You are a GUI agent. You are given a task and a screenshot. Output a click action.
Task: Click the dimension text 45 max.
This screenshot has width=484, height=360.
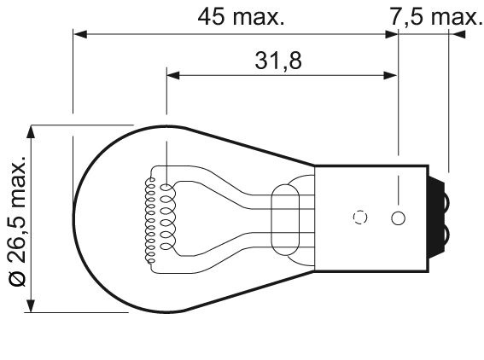(x=241, y=17)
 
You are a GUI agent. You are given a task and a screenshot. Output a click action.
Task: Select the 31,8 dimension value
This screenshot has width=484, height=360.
(x=278, y=61)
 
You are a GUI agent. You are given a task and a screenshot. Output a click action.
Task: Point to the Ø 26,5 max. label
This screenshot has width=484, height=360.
(x=18, y=221)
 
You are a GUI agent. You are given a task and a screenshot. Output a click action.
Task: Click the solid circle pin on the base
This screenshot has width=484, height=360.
(x=398, y=218)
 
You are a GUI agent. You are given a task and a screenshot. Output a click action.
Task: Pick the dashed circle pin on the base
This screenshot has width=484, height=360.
(x=360, y=218)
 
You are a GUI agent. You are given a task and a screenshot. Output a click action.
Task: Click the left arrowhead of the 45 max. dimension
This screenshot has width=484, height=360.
(x=80, y=34)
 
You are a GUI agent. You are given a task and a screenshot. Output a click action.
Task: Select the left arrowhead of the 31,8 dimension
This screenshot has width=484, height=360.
(x=173, y=75)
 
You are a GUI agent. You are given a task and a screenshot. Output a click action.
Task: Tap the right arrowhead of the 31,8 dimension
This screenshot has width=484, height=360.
(x=390, y=75)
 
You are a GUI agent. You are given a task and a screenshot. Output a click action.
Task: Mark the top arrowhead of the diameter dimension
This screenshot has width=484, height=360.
(x=30, y=132)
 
